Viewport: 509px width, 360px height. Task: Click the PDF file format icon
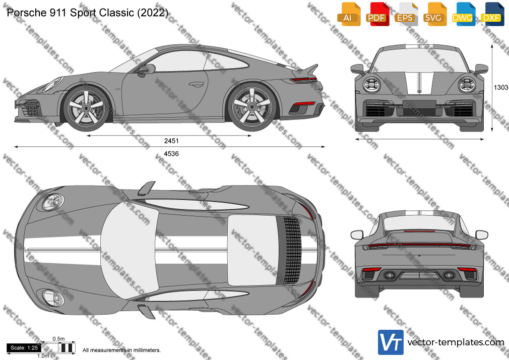click(377, 14)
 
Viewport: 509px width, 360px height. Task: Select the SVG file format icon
click(434, 14)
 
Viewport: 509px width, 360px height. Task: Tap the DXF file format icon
click(491, 14)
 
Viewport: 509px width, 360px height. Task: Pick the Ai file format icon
click(348, 14)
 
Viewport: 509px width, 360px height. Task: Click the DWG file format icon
click(463, 14)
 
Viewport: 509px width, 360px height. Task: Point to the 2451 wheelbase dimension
click(171, 141)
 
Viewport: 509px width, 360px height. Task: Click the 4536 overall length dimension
click(171, 154)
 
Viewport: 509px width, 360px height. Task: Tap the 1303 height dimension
click(501, 87)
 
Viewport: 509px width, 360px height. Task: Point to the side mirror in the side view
click(147, 70)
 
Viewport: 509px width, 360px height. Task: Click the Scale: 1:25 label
click(24, 348)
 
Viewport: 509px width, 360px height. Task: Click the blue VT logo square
click(391, 342)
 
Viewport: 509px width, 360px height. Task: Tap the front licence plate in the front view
click(419, 104)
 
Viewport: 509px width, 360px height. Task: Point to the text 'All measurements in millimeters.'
click(121, 350)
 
